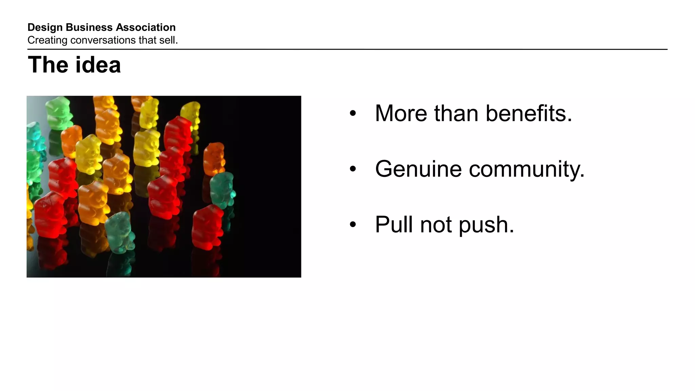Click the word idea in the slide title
(x=98, y=65)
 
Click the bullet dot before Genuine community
(x=353, y=169)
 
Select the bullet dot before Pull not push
(x=353, y=225)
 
